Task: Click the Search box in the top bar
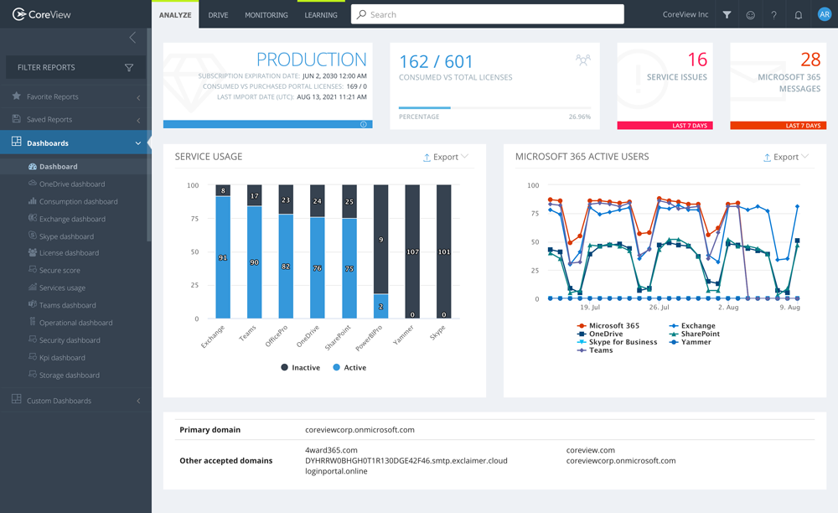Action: [494, 14]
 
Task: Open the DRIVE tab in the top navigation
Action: [218, 15]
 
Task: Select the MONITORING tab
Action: [266, 15]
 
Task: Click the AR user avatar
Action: [824, 14]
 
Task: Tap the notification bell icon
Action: [799, 15]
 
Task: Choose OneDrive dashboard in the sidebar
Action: [71, 184]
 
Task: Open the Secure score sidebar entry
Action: [59, 271]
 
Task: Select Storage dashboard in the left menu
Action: [69, 376]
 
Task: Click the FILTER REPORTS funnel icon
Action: [129, 68]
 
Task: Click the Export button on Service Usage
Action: [446, 157]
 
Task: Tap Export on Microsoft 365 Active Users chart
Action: [786, 157]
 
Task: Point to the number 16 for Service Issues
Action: [696, 60]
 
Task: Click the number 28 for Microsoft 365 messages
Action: [810, 60]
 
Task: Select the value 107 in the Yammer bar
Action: [412, 251]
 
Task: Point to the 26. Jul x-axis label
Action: [657, 308]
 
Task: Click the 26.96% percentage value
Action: [579, 117]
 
